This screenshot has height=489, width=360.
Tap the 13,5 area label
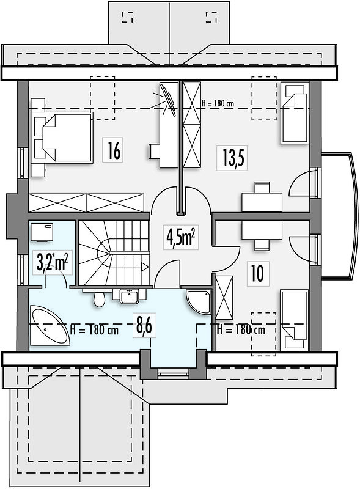(x=232, y=158)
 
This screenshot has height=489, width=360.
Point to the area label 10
(x=258, y=273)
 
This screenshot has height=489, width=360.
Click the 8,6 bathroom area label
(x=144, y=326)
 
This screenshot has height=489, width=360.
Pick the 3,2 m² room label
(x=53, y=262)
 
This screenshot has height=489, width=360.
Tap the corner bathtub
(x=50, y=326)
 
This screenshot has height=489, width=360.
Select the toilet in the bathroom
(x=99, y=298)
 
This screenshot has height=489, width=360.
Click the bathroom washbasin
(x=129, y=296)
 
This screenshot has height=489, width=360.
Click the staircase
(x=113, y=252)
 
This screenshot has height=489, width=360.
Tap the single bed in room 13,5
(x=295, y=112)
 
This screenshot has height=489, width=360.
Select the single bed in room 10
(x=294, y=320)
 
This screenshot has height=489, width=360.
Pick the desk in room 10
(x=262, y=230)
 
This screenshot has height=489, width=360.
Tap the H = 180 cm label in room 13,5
(x=217, y=103)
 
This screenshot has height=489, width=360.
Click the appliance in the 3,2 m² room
(x=42, y=232)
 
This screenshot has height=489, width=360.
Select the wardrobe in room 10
(x=224, y=298)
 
